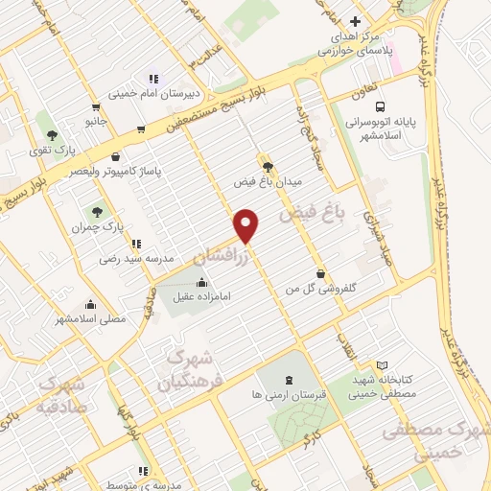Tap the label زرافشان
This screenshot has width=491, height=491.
222,252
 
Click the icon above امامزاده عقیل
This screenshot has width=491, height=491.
201,282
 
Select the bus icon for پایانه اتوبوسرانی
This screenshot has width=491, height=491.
381,107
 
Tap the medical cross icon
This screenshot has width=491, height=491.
355,21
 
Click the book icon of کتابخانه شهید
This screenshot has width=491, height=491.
382,365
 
